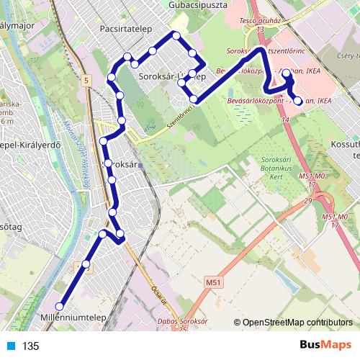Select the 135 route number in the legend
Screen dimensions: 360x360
(x=31, y=346)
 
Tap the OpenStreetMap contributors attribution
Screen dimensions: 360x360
(x=297, y=323)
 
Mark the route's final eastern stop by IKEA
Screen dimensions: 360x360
(x=298, y=100)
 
